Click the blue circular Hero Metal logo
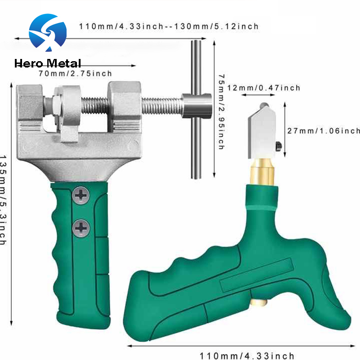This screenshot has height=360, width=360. tap(47, 34)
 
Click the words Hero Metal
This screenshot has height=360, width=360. tap(48, 63)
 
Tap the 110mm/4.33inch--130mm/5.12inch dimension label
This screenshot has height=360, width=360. tap(169, 26)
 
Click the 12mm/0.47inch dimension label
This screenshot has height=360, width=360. tap(263, 88)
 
